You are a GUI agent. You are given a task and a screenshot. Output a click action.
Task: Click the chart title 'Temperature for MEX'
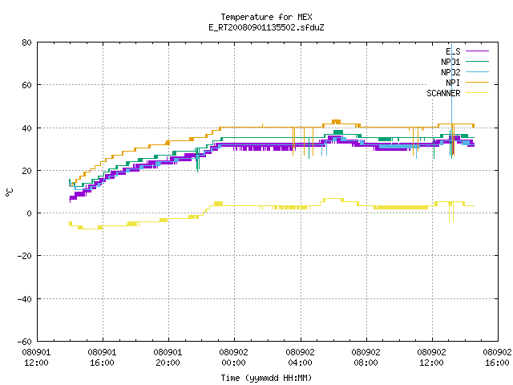coord(266,17)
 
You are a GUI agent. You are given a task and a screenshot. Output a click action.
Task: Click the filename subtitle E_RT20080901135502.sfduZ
coord(266,27)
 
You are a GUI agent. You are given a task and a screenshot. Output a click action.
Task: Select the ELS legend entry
coord(467,51)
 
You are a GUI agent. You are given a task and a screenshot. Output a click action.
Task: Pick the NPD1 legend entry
coord(465,62)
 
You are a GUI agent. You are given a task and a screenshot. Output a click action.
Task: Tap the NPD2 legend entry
coord(465,72)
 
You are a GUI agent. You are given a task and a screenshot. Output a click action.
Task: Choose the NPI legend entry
coord(467,83)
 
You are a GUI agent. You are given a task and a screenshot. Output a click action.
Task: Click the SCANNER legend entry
coord(458,93)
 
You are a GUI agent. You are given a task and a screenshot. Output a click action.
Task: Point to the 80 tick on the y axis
coord(26,43)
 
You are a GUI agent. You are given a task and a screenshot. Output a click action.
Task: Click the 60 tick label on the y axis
coord(26,85)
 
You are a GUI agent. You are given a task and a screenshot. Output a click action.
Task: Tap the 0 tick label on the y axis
coord(30,213)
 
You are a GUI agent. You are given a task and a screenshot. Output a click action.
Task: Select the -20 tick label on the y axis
coord(25,256)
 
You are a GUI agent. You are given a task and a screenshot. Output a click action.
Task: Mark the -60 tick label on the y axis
coord(25,342)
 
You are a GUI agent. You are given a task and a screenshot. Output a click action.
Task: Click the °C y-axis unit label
coord(9,192)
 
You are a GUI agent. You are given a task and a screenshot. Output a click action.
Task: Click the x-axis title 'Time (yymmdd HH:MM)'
coord(266,378)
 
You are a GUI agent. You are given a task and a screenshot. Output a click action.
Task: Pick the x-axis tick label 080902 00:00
coord(233,358)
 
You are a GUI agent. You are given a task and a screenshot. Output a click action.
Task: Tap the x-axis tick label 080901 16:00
coord(102,358)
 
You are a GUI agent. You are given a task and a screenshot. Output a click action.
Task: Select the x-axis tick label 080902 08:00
coord(366,358)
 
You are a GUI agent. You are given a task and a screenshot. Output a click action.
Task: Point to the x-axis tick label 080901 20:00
coord(168,358)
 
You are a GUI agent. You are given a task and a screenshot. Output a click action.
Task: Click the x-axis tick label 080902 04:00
coord(300,358)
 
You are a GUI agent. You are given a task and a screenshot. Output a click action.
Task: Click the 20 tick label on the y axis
coord(26,171)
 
